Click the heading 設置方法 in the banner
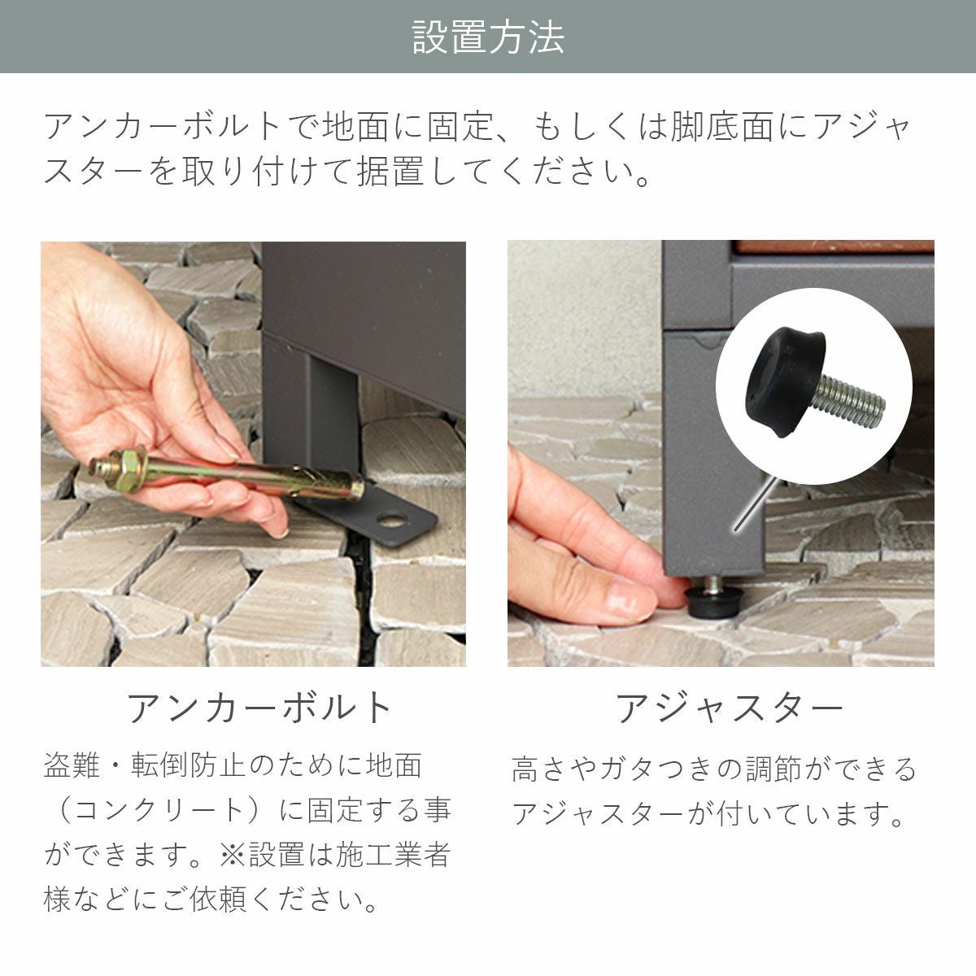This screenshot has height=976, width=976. click(x=488, y=37)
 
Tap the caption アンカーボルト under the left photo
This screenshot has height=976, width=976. click(x=260, y=708)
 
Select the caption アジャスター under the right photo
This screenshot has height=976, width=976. click(x=729, y=708)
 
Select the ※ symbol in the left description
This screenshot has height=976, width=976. click(x=233, y=855)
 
